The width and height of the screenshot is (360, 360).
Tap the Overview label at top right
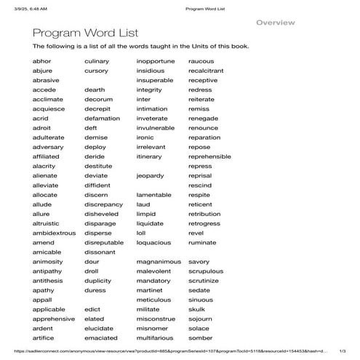tap(276, 23)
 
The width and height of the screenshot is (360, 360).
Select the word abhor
tap(42, 62)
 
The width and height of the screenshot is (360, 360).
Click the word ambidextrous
tap(54, 233)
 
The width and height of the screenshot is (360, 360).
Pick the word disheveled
tap(100, 214)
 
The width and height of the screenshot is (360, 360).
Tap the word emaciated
tap(100, 337)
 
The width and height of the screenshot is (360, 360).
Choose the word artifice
tap(43, 337)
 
